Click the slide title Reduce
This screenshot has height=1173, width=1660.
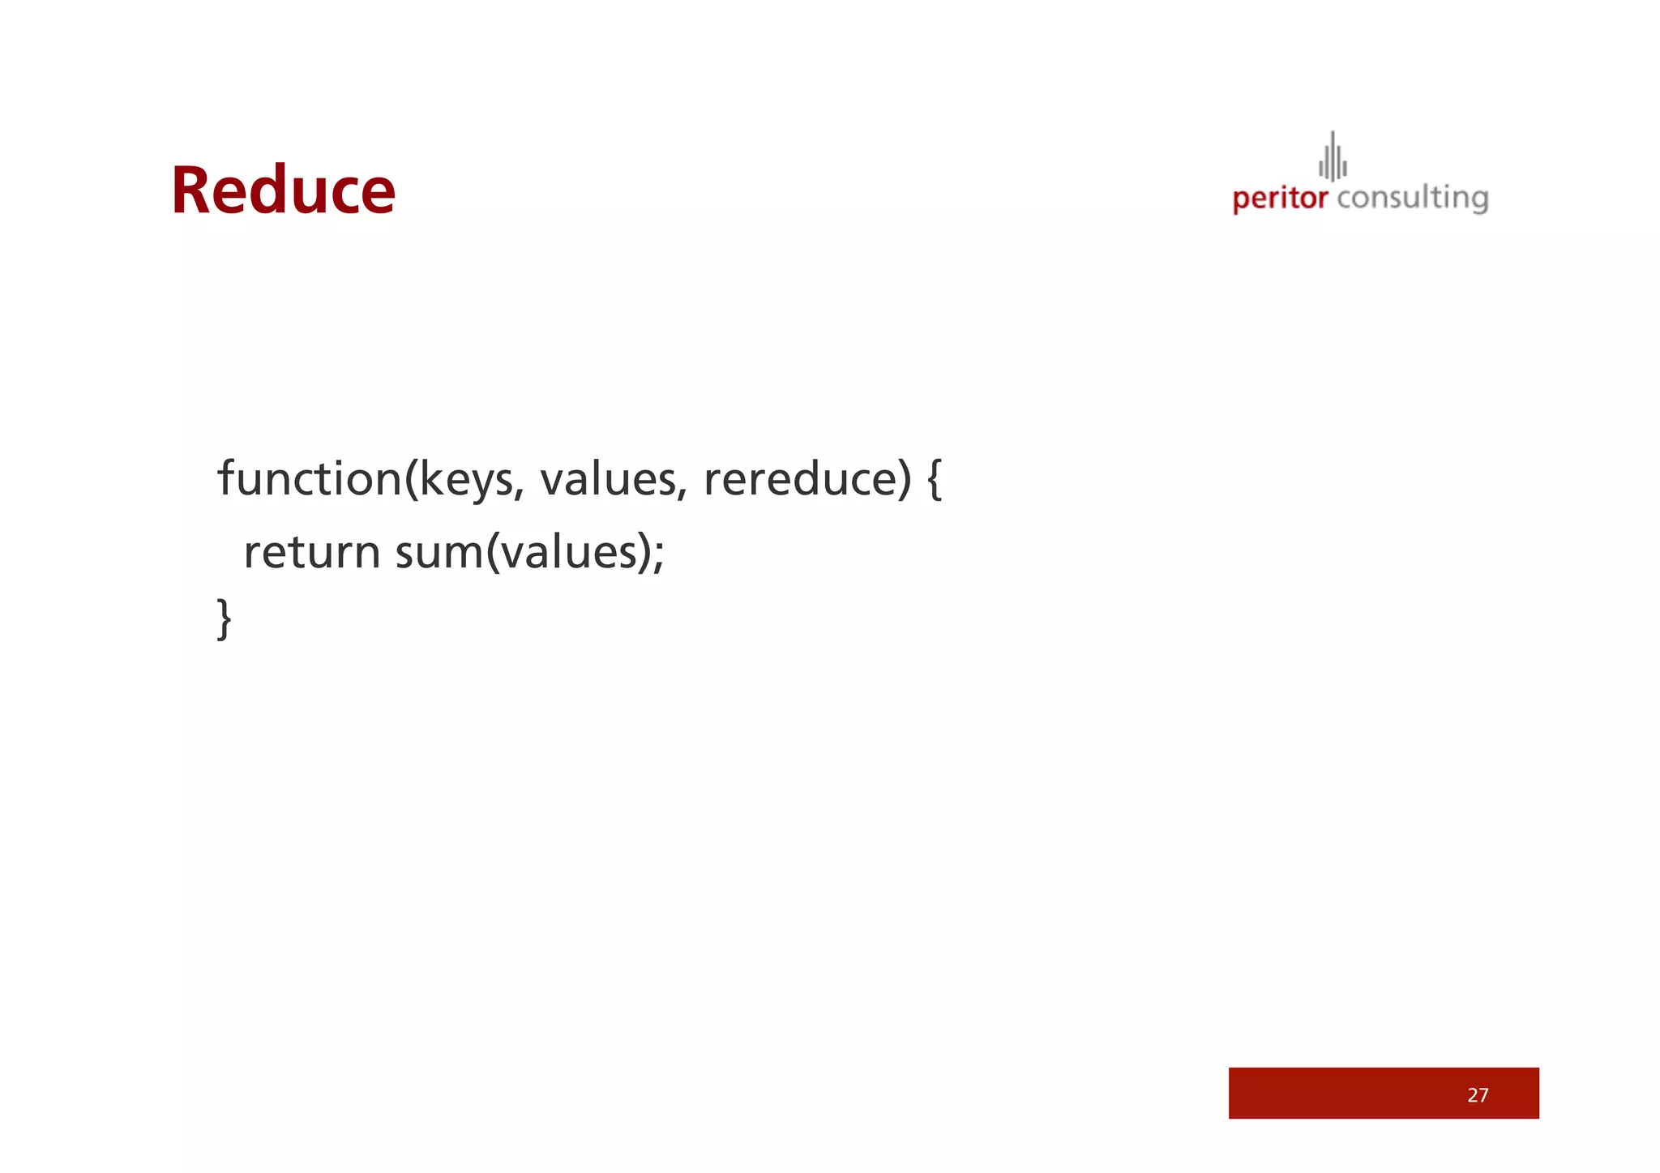pos(283,191)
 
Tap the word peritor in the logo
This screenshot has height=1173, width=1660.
pos(1280,199)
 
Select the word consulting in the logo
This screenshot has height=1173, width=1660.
pos(1412,199)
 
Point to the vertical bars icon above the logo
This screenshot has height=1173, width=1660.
pos(1333,157)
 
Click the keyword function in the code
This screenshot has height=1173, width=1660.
pos(310,478)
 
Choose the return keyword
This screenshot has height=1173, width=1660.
pos(312,553)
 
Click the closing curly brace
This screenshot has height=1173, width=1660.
pos(225,619)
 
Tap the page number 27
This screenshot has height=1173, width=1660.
pos(1478,1095)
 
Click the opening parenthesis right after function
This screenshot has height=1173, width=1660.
pos(410,479)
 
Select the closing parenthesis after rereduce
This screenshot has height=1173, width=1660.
pos(905,479)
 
